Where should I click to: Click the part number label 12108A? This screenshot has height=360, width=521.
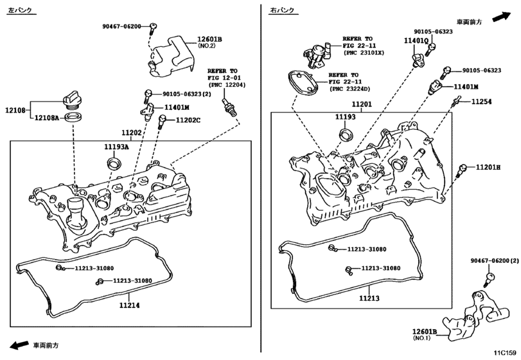click(46, 118)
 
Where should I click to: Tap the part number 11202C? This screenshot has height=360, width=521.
click(188, 120)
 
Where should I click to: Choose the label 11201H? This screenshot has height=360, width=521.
click(489, 167)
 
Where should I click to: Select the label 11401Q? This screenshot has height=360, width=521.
click(416, 40)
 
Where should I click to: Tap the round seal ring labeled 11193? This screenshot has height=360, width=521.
click(346, 134)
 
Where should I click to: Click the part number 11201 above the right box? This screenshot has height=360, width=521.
click(362, 104)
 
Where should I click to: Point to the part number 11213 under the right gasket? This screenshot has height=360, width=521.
click(369, 298)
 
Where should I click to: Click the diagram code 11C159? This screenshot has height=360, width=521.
click(504, 352)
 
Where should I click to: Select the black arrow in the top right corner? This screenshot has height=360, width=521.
click(502, 17)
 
